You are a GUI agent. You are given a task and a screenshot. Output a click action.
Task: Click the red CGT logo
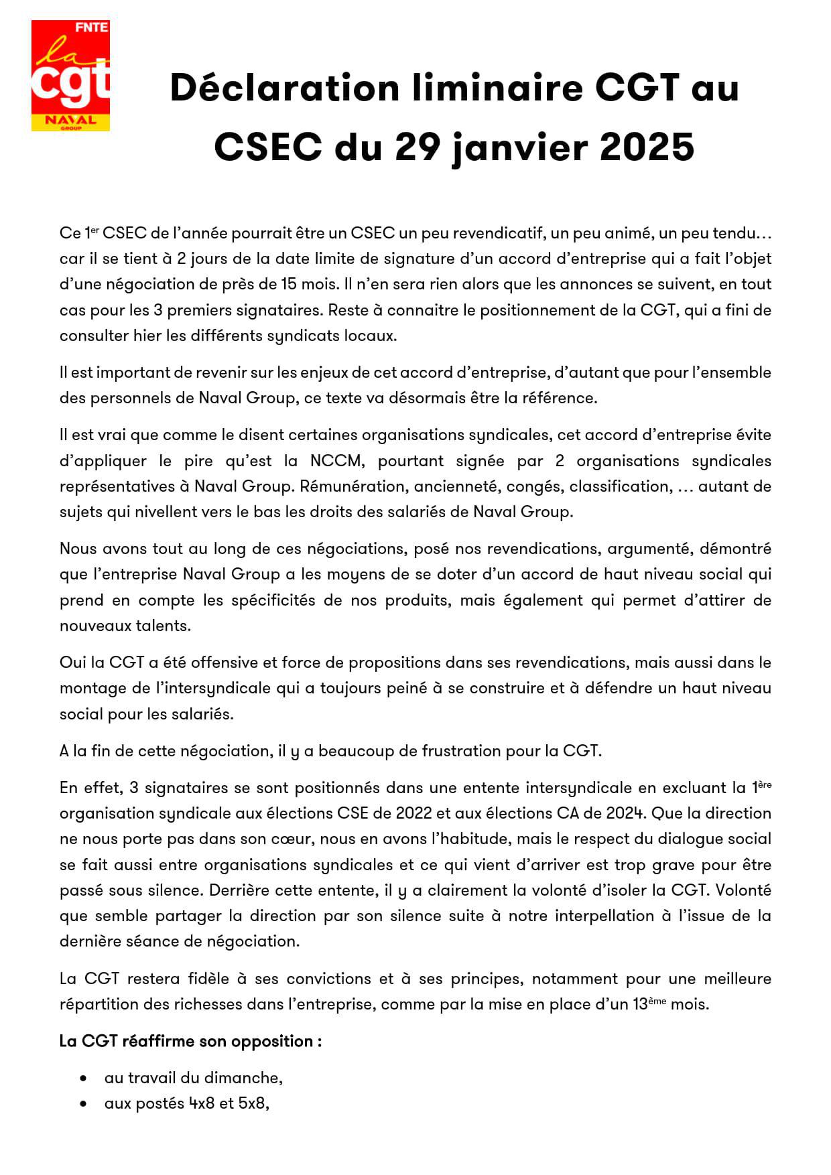tap(70, 76)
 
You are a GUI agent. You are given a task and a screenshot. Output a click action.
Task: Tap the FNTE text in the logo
tap(92, 27)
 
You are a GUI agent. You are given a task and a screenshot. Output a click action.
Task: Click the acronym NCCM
tap(335, 461)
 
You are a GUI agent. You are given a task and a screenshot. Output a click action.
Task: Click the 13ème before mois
tap(649, 1004)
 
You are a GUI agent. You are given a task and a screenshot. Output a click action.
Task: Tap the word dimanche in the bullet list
tap(245, 1078)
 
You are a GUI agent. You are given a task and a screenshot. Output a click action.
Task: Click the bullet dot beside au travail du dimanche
tap(84, 1079)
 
